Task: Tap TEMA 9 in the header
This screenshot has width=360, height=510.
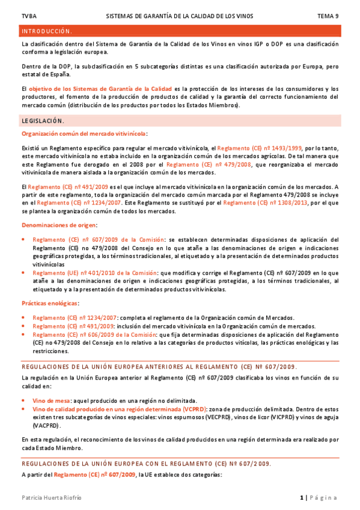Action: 328,16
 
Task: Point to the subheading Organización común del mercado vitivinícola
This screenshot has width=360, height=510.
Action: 84,134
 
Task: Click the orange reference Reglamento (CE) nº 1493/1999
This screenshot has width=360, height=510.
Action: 260,147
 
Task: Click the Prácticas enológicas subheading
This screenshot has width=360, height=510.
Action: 50,303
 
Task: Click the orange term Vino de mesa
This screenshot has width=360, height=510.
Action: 51,400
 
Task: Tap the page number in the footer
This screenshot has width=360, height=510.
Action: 302,497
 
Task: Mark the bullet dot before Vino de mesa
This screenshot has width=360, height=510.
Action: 23,400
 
